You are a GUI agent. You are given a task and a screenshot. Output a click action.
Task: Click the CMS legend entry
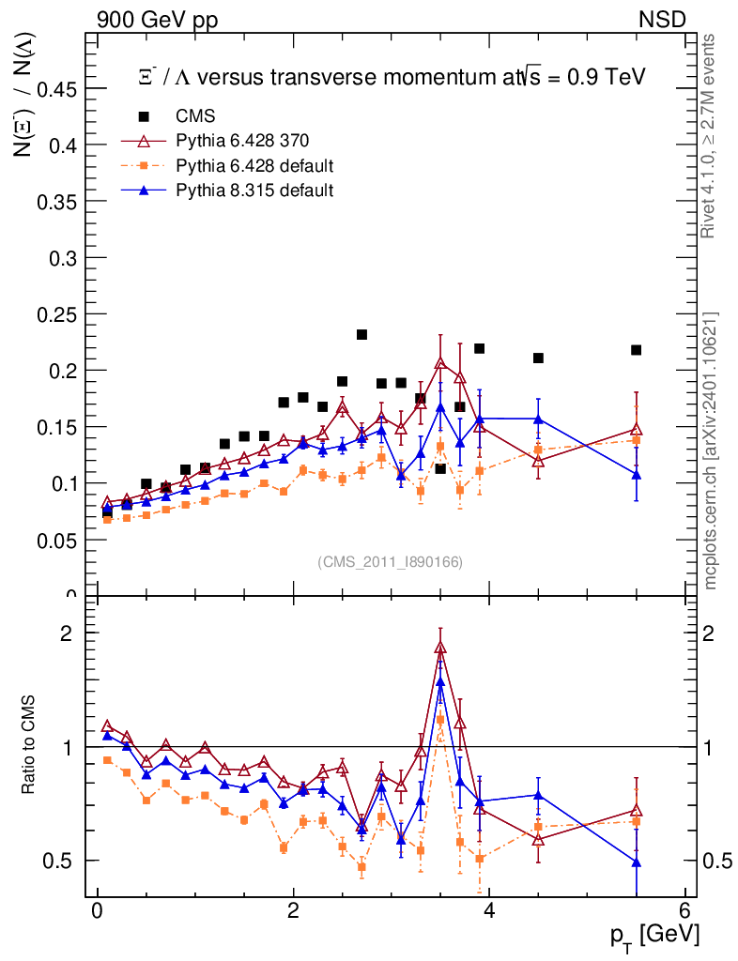pyautogui.click(x=195, y=117)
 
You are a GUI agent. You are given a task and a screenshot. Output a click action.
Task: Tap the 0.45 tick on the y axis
pyautogui.click(x=57, y=89)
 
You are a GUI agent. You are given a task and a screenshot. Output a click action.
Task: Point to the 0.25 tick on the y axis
pyautogui.click(x=57, y=314)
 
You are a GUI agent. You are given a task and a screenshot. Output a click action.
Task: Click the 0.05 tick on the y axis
pyautogui.click(x=57, y=540)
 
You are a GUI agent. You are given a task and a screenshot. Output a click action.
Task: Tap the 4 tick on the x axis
pyautogui.click(x=489, y=910)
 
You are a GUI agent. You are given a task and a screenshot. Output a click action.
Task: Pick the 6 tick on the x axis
pyautogui.click(x=684, y=910)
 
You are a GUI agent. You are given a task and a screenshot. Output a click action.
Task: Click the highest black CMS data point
pyautogui.click(x=361, y=335)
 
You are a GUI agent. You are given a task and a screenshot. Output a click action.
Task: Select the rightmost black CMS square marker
pyautogui.click(x=636, y=350)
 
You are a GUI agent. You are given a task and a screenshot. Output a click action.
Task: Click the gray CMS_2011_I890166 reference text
pyautogui.click(x=391, y=561)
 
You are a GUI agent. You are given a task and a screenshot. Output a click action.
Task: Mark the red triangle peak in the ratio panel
pyautogui.click(x=440, y=648)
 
